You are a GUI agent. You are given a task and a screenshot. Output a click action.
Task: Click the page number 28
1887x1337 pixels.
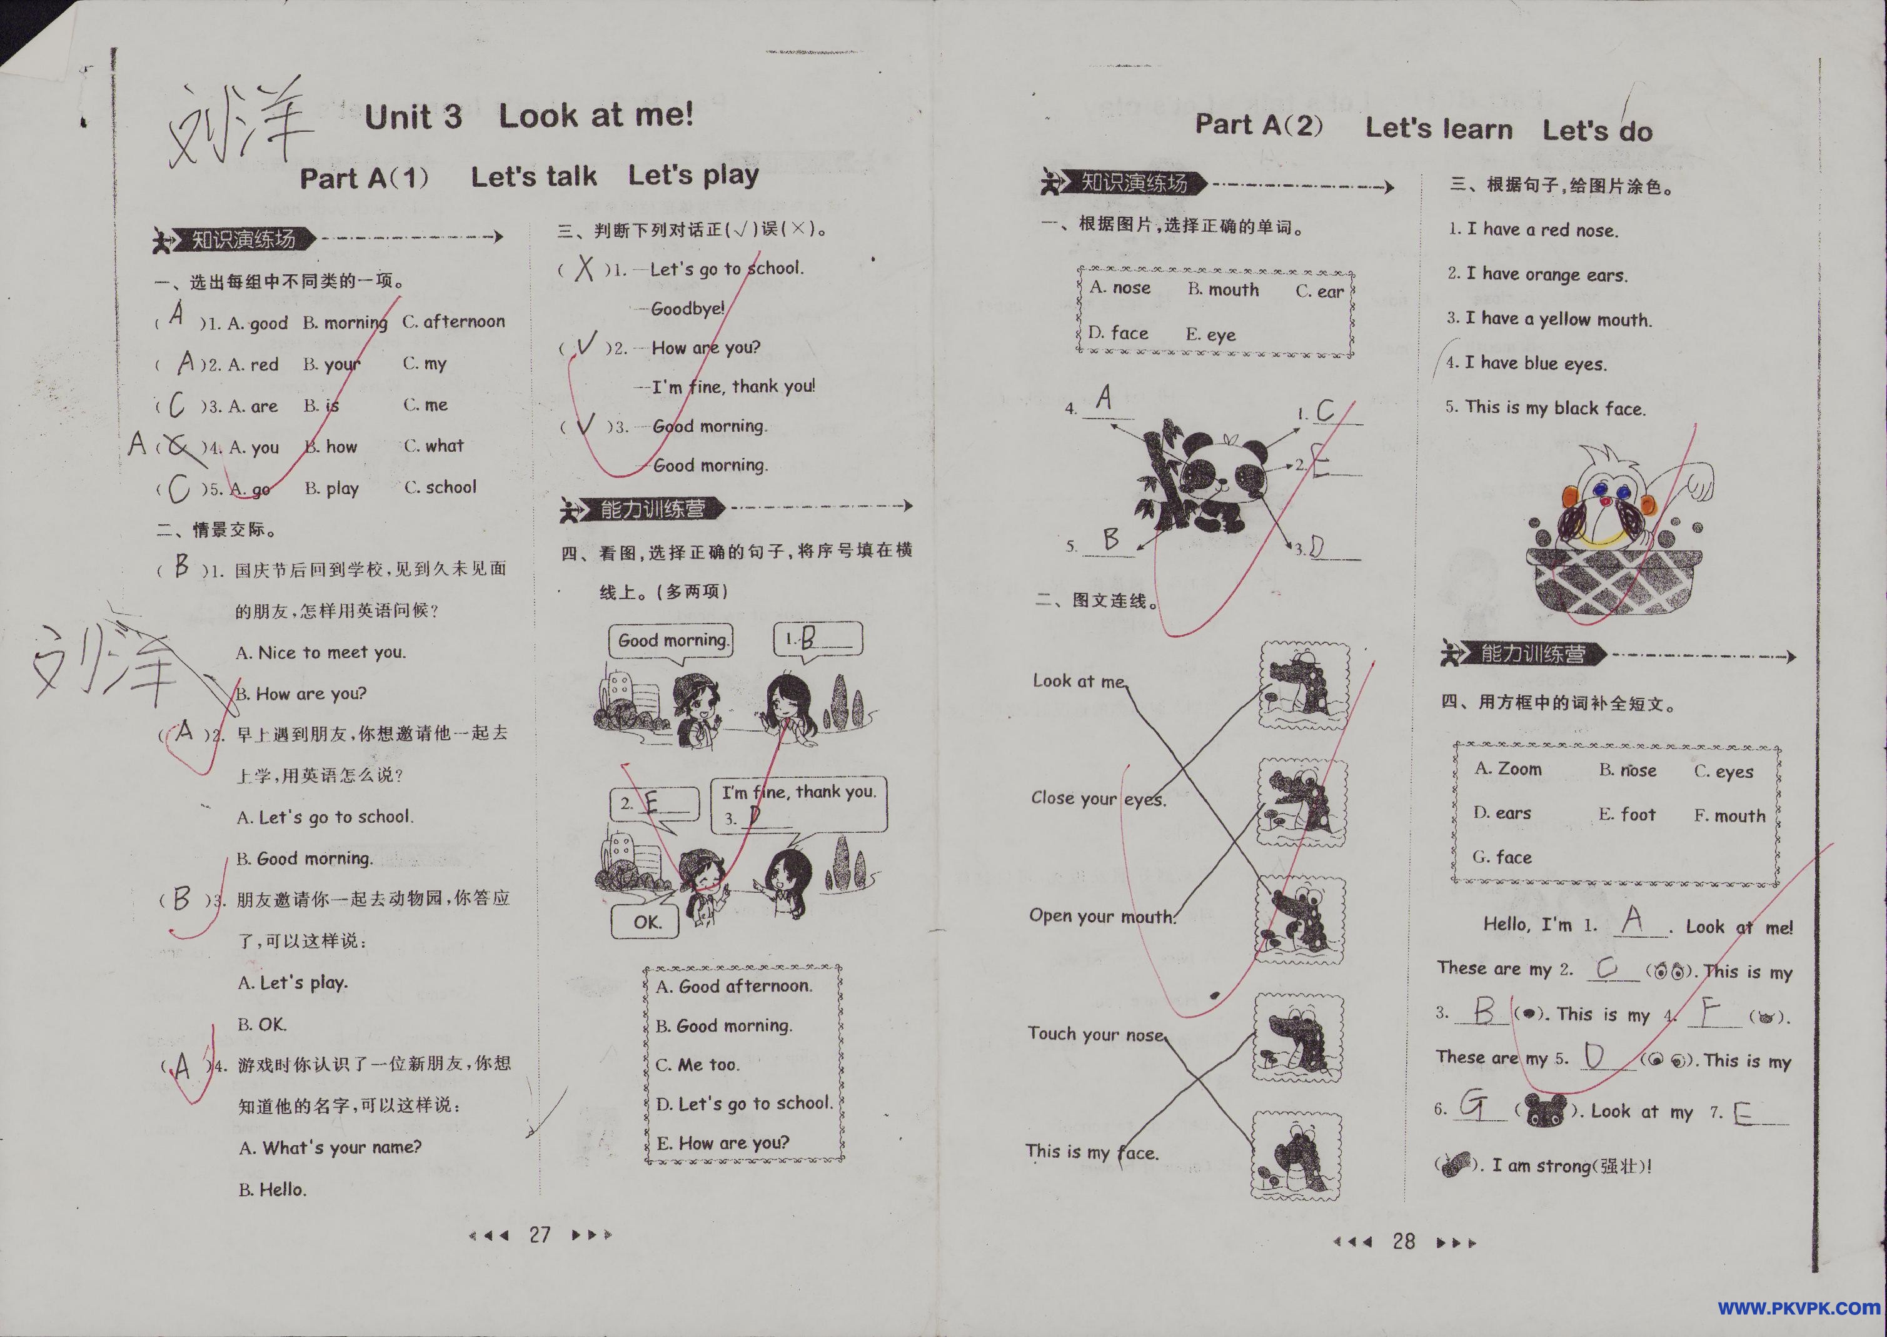click(x=1404, y=1241)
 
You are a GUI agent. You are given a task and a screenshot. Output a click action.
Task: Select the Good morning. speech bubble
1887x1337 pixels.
click(x=672, y=640)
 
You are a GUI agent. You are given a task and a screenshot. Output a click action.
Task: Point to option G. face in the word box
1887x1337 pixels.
click(x=1502, y=857)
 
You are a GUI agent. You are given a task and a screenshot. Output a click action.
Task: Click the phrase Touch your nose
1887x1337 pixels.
click(x=1095, y=1034)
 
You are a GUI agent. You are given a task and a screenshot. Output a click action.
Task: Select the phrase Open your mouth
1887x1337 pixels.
click(x=1101, y=917)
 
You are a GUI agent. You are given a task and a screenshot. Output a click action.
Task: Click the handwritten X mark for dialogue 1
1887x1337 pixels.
click(x=585, y=269)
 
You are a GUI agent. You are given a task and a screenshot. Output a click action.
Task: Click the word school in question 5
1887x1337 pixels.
click(x=451, y=487)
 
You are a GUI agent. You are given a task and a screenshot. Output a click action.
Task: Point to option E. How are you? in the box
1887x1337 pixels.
click(x=722, y=1143)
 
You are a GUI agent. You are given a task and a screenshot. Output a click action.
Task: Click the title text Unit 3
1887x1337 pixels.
click(x=413, y=117)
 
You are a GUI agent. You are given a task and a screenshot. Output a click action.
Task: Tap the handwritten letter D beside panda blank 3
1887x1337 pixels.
click(x=1317, y=547)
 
